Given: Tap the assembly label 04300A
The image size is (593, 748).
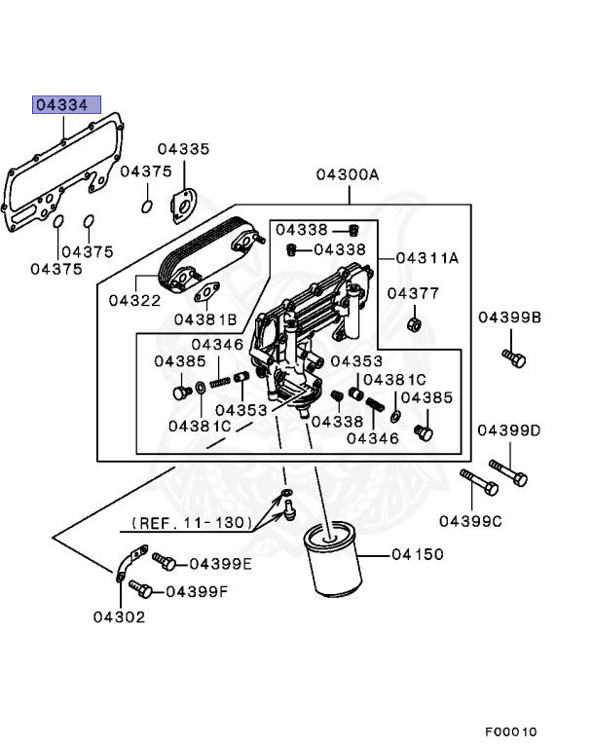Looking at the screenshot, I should (x=348, y=175).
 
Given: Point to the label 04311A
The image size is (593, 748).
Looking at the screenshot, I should (x=427, y=258).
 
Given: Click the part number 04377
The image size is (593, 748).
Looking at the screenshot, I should (x=413, y=293).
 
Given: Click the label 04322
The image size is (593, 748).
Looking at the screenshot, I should (x=134, y=301).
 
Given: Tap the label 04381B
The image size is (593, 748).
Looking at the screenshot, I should (x=205, y=319).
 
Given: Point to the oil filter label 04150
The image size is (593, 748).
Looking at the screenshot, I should (x=418, y=555).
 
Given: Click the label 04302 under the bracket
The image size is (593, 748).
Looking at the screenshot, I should (x=119, y=617).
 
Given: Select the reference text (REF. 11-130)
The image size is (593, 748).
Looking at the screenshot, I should (x=187, y=524).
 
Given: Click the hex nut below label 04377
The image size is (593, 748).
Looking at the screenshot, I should (x=413, y=323).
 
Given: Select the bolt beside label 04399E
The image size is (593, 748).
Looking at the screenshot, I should (x=165, y=562).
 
